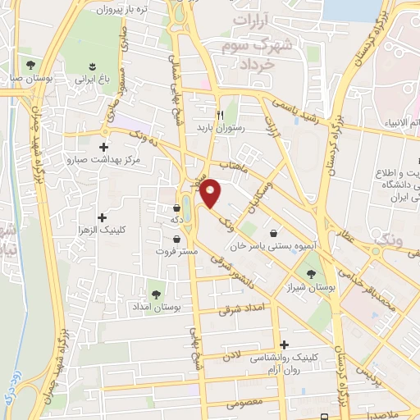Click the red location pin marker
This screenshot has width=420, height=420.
(x=211, y=192)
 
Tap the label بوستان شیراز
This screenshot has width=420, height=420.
(x=311, y=290)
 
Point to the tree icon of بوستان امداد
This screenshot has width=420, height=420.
(x=156, y=291)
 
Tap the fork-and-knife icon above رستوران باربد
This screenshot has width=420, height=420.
(x=219, y=115)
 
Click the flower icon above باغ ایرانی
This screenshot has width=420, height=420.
(x=91, y=66)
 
